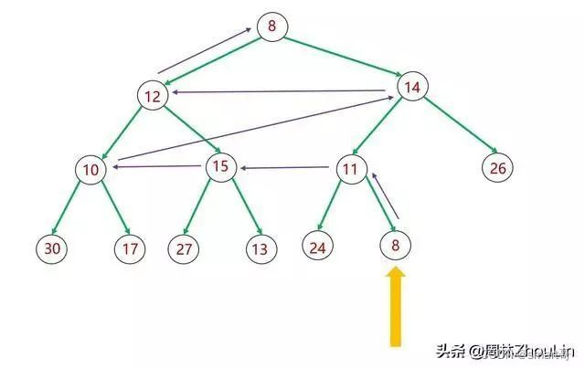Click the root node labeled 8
pyautogui.click(x=271, y=26)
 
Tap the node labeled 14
pyautogui.click(x=410, y=87)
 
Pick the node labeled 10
pyautogui.click(x=90, y=169)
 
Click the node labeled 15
pyautogui.click(x=220, y=166)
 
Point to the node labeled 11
pyautogui.click(x=351, y=168)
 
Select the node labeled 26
pyautogui.click(x=498, y=167)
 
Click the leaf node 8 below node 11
pyautogui.click(x=396, y=245)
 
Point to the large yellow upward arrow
pyautogui.click(x=396, y=306)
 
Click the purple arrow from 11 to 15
pyautogui.click(x=286, y=167)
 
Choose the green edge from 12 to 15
pyautogui.click(x=186, y=132)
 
